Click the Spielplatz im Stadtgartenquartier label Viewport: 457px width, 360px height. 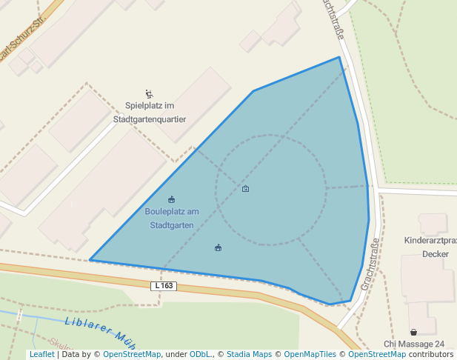coord(149,112)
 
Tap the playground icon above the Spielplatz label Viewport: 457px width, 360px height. coord(149,94)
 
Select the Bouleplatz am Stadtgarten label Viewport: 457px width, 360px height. coord(172,218)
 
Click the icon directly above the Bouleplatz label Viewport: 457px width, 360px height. coord(172,199)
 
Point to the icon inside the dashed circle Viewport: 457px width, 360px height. coord(246,189)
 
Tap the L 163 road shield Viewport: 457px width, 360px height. coord(164,286)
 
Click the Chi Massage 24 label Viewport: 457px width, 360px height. coord(414,344)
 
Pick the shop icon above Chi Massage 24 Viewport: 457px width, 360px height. coord(413,332)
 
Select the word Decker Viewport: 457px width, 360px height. coord(436,254)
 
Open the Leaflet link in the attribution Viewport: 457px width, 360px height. coord(41,355)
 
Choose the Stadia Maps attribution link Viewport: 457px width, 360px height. coord(249,355)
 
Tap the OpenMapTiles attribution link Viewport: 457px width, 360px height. coord(307,355)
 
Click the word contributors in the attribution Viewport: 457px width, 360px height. coord(430,355)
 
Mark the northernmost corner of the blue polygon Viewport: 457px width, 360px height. coord(339,57)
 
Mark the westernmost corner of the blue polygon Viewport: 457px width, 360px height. coord(90,260)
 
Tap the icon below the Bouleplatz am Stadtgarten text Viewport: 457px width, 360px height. coord(218,247)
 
